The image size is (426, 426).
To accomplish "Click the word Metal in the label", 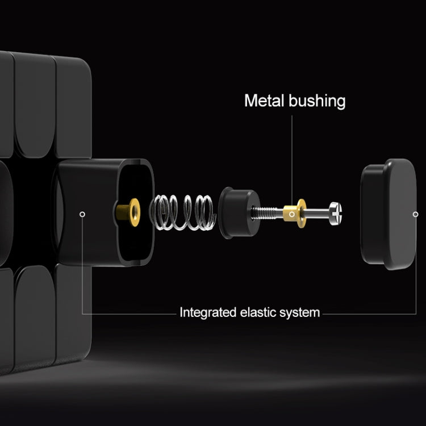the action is click(264, 101).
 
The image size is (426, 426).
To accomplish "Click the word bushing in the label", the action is click(317, 102).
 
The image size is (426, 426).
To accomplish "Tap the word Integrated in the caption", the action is click(208, 312).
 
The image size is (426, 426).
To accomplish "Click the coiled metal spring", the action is click(183, 213).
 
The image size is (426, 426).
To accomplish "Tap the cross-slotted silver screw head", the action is click(336, 213).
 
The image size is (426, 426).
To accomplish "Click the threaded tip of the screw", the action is click(264, 212).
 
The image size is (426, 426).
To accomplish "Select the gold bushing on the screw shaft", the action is click(295, 213).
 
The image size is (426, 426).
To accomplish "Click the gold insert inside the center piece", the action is click(128, 212).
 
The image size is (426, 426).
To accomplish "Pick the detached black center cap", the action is click(389, 214).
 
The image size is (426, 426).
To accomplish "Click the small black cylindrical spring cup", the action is click(239, 213).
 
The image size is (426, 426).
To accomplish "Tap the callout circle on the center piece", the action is click(82, 214).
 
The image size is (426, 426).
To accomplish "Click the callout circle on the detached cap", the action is click(415, 214).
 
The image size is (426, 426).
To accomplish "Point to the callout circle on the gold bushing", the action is click(292, 214).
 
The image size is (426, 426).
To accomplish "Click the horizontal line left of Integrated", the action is click(130, 314).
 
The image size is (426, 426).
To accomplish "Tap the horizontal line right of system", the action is click(370, 314).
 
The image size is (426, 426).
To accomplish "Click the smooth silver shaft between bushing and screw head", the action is click(318, 213).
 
